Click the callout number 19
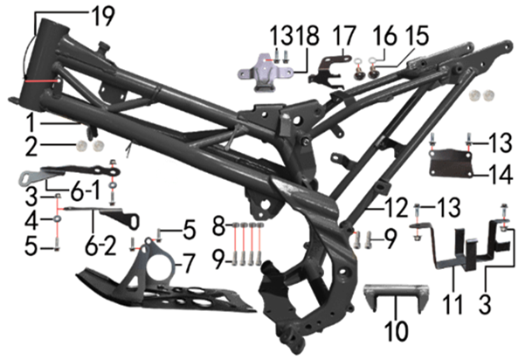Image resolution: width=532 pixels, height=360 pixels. coord(103,17)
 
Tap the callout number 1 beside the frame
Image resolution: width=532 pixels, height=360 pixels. coord(31,122)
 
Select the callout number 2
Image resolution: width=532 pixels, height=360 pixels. coord(31,146)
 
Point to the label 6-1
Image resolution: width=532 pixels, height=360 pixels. coord(86,190)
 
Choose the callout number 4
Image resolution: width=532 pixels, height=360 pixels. coord(31,218)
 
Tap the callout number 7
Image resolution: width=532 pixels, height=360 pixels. coord(189,264)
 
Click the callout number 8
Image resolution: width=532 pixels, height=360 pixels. coord(219,226)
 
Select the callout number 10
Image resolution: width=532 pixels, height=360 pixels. coord(397,330)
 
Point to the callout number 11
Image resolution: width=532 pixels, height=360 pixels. coord(453,304)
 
